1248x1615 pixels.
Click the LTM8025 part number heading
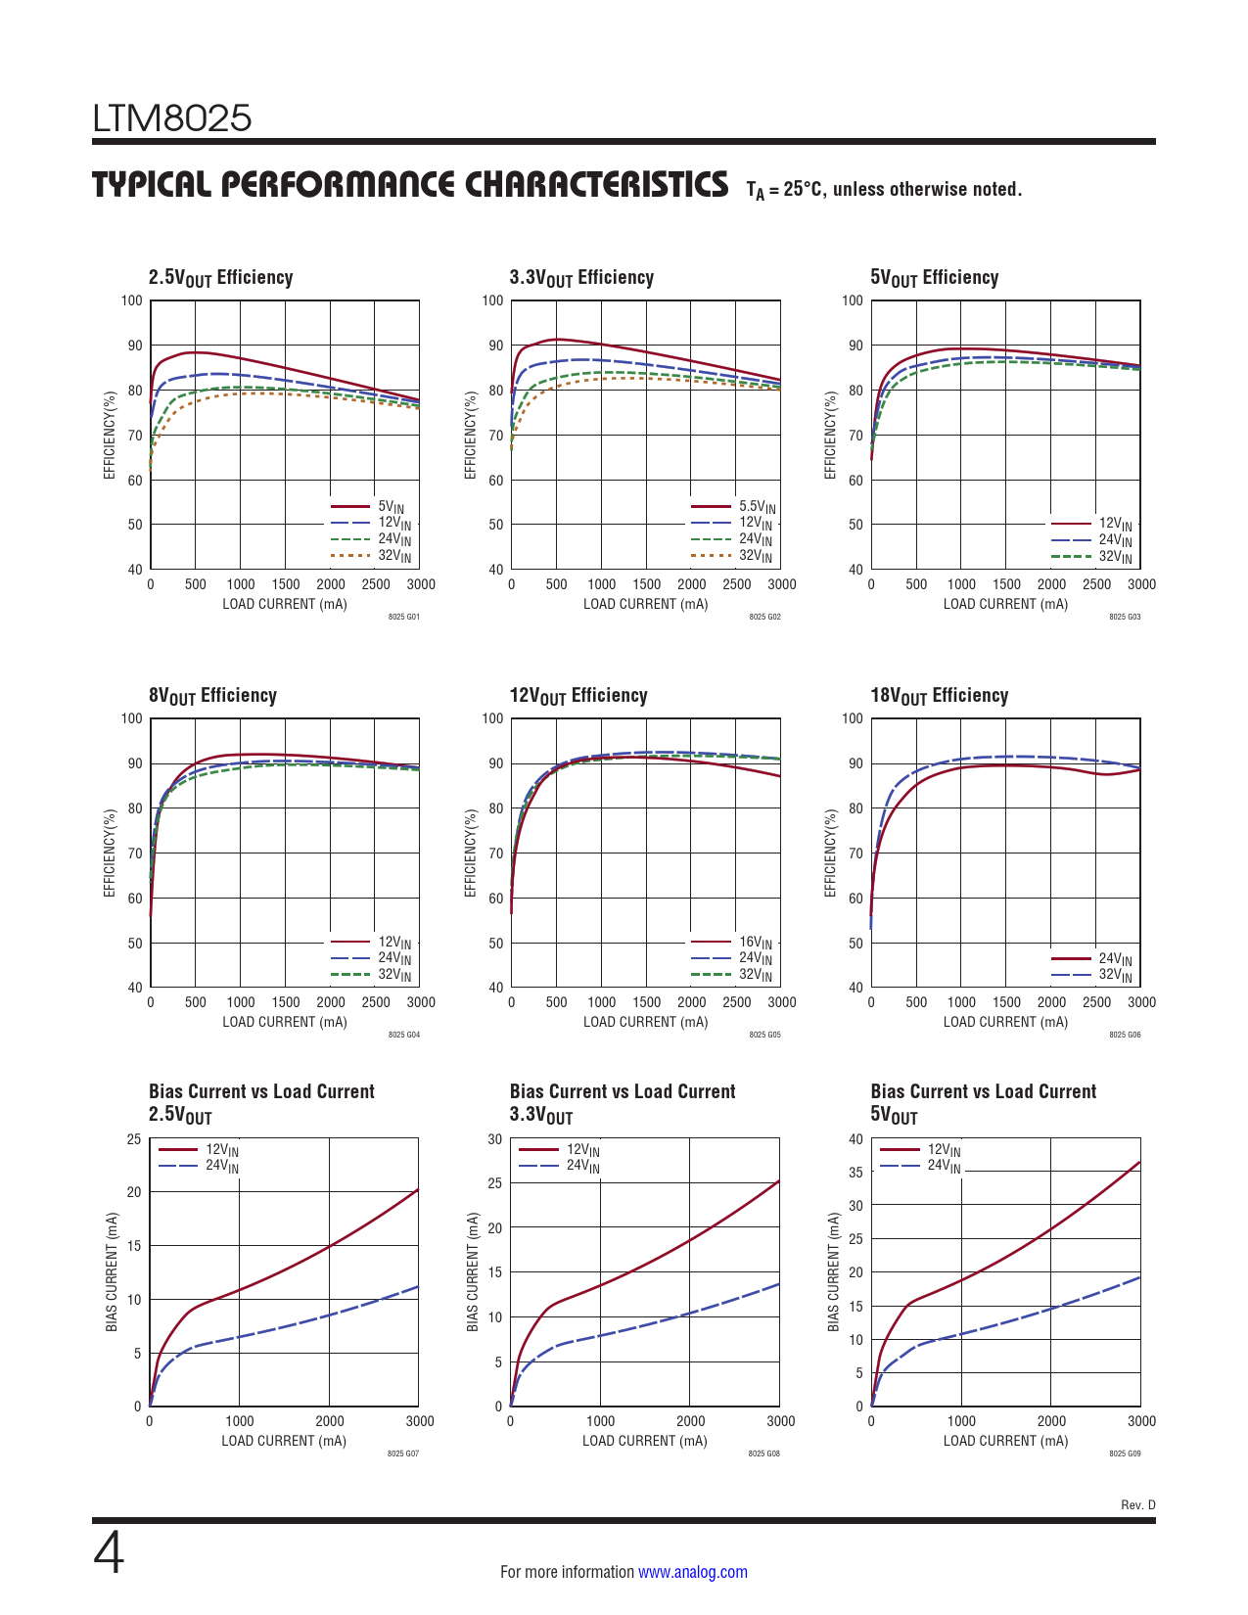[x=172, y=118]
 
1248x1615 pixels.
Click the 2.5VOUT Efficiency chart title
[x=220, y=278]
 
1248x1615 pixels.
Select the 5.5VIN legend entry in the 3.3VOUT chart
[x=756, y=507]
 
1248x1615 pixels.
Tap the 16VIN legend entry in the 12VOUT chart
[x=755, y=944]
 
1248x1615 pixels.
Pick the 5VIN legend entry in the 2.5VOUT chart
[x=391, y=507]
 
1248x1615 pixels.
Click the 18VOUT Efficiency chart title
[x=939, y=696]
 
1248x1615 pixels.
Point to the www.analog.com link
[x=692, y=1572]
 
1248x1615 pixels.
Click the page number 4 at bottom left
[x=109, y=1553]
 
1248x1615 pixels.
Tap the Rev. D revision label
[x=1137, y=1504]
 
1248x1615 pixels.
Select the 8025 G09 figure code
[x=1125, y=1453]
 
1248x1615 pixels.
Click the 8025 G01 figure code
[x=403, y=617]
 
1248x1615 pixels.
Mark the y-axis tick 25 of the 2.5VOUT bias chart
[x=134, y=1139]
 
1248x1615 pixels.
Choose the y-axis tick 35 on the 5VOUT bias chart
[x=855, y=1173]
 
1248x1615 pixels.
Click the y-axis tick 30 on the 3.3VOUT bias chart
[x=495, y=1139]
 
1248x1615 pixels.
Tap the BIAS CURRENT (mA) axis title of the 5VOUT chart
[x=834, y=1271]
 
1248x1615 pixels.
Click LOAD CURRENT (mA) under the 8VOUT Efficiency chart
[x=284, y=1022]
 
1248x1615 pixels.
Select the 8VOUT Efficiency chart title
[x=212, y=696]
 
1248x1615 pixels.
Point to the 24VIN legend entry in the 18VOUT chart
[x=1115, y=959]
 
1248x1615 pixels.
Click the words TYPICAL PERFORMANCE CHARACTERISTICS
[x=410, y=185]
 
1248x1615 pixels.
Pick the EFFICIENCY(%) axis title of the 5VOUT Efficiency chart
[x=831, y=436]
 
